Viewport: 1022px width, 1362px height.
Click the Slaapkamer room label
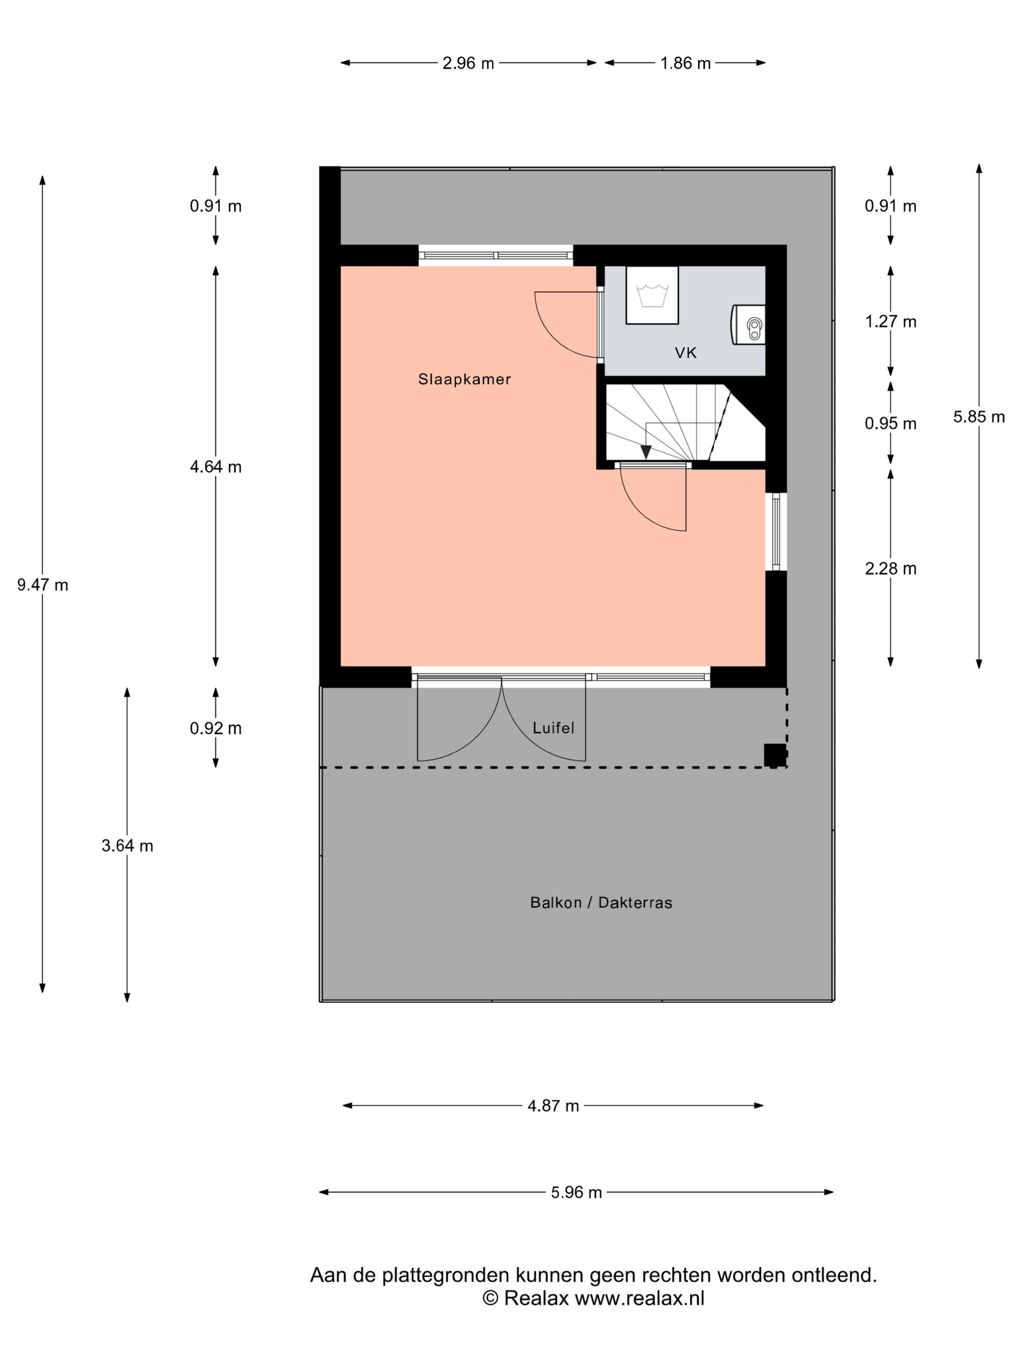(x=464, y=379)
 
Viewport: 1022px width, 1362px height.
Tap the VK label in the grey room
(x=686, y=353)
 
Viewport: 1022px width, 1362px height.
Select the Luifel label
(x=553, y=728)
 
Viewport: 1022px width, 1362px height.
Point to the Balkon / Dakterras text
(x=601, y=903)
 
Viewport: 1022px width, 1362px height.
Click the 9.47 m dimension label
(x=42, y=585)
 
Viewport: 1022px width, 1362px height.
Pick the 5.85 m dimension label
(x=979, y=417)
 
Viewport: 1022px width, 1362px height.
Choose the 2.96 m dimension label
(x=468, y=63)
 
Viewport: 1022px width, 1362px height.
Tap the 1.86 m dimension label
(x=686, y=63)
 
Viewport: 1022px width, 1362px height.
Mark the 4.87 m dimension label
(x=553, y=1106)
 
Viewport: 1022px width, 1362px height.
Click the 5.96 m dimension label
(x=576, y=1193)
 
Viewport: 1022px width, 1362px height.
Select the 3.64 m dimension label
(x=128, y=846)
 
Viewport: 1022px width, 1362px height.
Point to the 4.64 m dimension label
(x=216, y=466)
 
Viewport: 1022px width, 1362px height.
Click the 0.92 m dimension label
(x=216, y=728)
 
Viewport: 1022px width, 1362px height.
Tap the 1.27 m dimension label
(x=891, y=322)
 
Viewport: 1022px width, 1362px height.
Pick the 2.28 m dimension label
(x=891, y=568)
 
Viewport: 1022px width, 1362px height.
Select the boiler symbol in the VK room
(x=748, y=324)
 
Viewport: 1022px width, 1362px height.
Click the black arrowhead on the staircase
(x=646, y=452)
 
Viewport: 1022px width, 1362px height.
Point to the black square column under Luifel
(x=775, y=755)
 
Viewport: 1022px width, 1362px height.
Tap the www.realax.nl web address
(x=639, y=1298)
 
